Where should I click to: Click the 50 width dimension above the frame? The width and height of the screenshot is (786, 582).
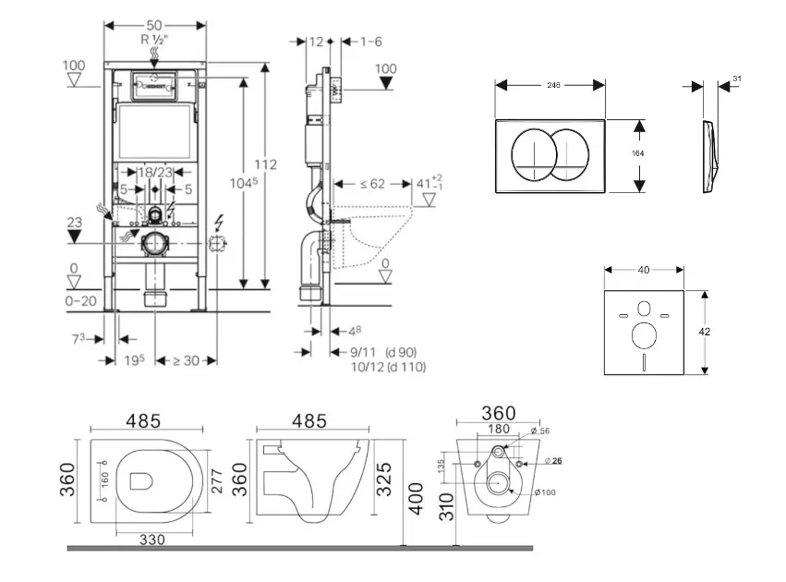[156, 25]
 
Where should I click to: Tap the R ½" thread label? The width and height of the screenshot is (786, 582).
[156, 40]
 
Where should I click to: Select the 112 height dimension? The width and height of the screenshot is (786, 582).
[266, 165]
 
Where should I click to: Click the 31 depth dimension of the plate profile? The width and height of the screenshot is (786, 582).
[736, 79]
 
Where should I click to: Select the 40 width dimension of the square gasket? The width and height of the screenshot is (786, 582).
[643, 270]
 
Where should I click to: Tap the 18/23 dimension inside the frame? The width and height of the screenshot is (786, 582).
[155, 172]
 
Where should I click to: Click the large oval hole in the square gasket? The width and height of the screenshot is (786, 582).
[645, 333]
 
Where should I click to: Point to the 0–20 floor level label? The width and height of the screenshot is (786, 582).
[80, 300]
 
